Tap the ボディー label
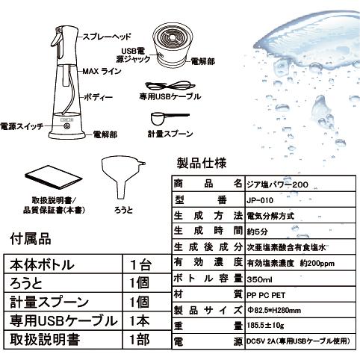click(x=99, y=96)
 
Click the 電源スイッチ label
click(x=20, y=128)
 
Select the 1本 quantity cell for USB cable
click(x=140, y=320)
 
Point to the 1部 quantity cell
click(x=140, y=340)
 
